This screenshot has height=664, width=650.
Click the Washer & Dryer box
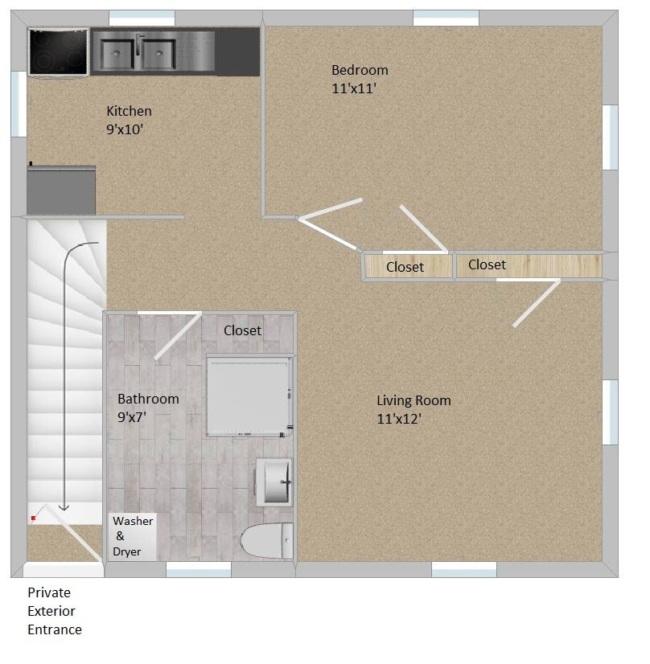(x=132, y=535)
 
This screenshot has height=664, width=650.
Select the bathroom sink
(x=274, y=482)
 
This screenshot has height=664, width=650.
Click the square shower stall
(x=247, y=395)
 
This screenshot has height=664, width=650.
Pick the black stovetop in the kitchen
(x=59, y=51)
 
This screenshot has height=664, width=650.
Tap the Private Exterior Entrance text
(x=55, y=611)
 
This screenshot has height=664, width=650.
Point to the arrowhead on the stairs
(x=64, y=507)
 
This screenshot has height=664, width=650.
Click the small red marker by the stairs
(x=33, y=518)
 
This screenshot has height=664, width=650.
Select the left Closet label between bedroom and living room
(x=405, y=267)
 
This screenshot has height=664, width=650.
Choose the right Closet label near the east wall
(x=487, y=264)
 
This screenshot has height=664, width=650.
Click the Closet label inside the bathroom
(x=242, y=330)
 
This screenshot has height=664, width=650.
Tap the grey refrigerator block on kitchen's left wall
(x=61, y=190)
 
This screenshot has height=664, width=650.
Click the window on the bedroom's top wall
(x=446, y=18)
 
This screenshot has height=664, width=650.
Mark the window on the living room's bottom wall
(x=463, y=569)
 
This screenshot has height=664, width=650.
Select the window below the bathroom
(x=199, y=569)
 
